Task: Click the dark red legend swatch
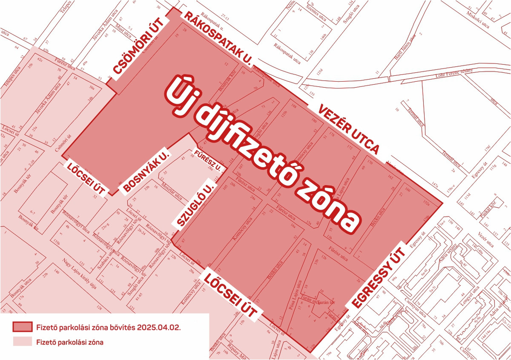pos(22,327)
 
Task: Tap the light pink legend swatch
pos(22,341)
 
